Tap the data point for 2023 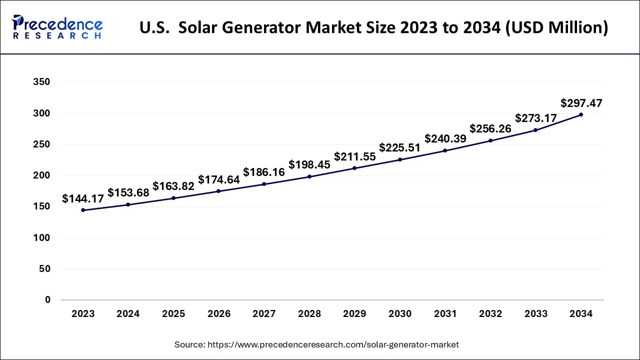pos(83,210)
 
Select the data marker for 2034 pos(580,114)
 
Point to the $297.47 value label pos(581,103)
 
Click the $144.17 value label pos(83,199)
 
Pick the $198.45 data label pos(309,165)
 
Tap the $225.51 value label pos(399,148)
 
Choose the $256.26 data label pos(490,128)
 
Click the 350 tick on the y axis pos(41,82)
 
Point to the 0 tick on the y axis pos(47,300)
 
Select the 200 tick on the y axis pos(41,175)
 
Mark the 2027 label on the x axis pos(264,314)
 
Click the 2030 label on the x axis pos(399,314)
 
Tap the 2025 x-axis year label pos(173,314)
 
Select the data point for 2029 pos(354,168)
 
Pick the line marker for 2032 pos(490,140)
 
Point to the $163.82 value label pos(173,186)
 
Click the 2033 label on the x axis pos(535,314)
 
